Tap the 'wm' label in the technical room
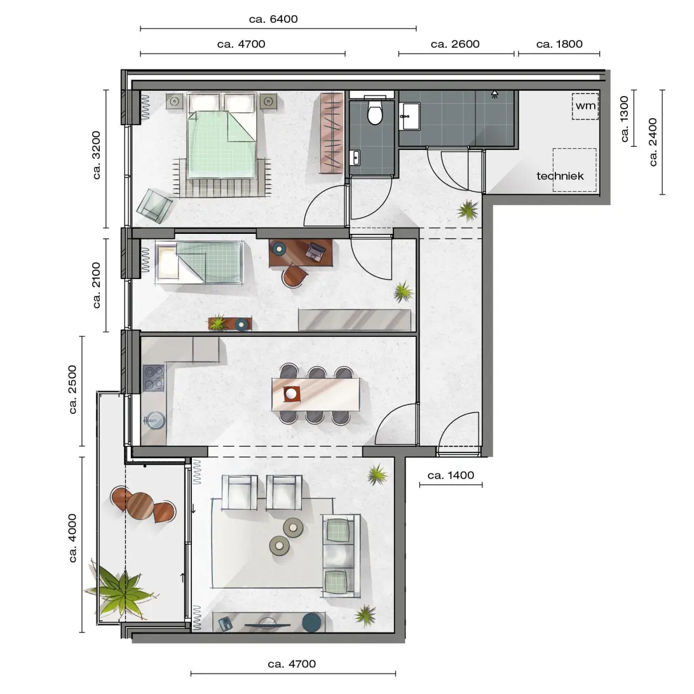coord(585,105)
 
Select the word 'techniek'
coord(560,175)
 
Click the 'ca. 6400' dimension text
coord(273,19)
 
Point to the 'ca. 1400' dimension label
coord(451,475)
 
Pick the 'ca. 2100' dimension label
coord(97,285)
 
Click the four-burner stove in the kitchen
coord(153,378)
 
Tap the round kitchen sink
coord(154,420)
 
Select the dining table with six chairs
coord(316,394)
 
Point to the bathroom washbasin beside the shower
coord(409,116)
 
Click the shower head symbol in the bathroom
coord(494,94)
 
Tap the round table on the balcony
coord(140,505)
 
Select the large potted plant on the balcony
coord(118,589)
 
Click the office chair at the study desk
coord(295,275)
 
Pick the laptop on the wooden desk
coord(315,252)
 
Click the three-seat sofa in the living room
coord(341,555)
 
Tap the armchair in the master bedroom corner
coord(154,206)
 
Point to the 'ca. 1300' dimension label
coord(624,119)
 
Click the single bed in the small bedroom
coord(199,262)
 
